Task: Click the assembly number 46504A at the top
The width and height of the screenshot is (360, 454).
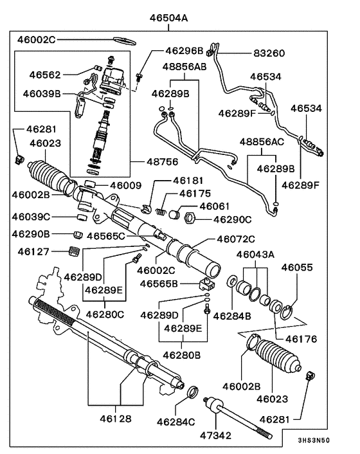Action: (168, 18)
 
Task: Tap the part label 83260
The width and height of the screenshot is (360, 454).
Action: (269, 53)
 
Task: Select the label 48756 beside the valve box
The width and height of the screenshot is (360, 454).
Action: (163, 162)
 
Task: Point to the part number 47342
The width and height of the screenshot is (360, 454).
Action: (215, 435)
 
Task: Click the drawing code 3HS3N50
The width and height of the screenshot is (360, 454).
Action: (314, 440)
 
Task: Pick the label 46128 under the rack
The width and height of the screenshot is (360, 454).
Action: (116, 419)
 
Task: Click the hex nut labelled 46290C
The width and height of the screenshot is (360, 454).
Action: (190, 218)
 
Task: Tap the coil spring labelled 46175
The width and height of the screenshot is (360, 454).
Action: (161, 212)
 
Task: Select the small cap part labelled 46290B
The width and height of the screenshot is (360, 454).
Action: (77, 235)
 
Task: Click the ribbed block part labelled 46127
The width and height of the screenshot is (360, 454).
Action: (75, 251)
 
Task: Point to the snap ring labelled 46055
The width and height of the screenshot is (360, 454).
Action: (287, 313)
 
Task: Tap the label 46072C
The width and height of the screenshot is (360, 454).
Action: (236, 239)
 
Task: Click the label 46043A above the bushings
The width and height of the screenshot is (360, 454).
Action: (255, 255)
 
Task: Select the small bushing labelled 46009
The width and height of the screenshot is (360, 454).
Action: (90, 184)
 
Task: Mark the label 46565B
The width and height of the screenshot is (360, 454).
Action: (159, 284)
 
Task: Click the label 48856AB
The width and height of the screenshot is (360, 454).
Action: (184, 67)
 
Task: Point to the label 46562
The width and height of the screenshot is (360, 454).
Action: (45, 75)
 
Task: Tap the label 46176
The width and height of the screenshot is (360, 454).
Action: (301, 339)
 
